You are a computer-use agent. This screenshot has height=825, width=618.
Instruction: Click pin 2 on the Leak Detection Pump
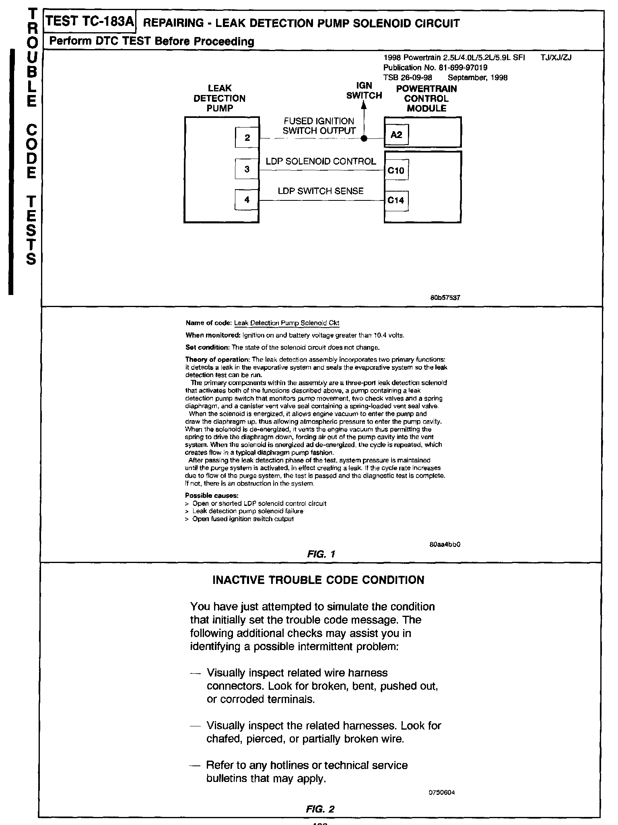tap(247, 138)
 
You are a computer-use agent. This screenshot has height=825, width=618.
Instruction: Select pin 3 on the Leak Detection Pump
tap(247, 169)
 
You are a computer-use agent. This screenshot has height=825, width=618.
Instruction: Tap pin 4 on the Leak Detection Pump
tap(247, 200)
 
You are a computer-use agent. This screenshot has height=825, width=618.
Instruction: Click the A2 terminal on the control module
tap(396, 135)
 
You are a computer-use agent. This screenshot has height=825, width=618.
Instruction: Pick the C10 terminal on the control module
tap(396, 171)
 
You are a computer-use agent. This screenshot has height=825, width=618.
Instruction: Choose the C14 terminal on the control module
tap(396, 200)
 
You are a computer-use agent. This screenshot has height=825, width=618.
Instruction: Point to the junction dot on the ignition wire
tap(364, 139)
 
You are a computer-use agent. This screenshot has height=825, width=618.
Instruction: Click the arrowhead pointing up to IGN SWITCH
tap(364, 105)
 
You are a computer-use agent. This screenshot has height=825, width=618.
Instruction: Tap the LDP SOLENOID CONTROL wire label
tap(321, 161)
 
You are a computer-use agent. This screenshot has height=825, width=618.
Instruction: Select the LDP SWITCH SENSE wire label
tap(321, 191)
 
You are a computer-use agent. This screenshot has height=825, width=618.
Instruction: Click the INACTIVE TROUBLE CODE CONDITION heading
tap(318, 580)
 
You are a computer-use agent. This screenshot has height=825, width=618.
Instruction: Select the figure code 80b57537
tap(445, 298)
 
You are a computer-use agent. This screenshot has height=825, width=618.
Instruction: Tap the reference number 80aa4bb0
tap(445, 544)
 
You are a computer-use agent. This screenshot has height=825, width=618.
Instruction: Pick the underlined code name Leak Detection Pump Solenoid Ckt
tap(286, 323)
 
